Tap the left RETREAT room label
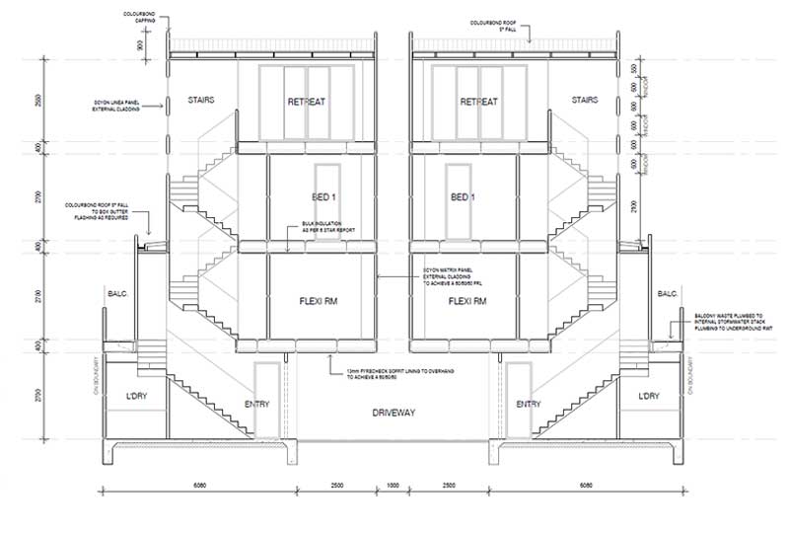pos(306,102)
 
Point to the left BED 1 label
pos(308,197)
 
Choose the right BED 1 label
pos(463,197)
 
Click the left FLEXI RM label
pos(308,300)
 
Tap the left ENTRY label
pos(256,404)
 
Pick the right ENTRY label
pos(529,404)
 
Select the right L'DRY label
pos(648,395)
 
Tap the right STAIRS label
pos(585,100)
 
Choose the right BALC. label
pos(668,293)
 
